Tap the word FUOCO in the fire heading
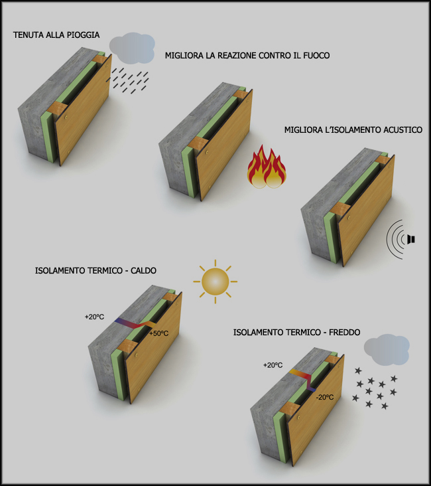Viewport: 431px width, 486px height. [316, 56]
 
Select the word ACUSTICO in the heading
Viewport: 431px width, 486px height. [403, 130]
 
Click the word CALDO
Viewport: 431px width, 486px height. [143, 271]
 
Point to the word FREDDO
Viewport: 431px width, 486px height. [345, 333]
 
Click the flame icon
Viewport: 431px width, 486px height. [267, 167]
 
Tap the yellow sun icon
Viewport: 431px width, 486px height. [215, 282]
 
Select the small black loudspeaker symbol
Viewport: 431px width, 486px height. [411, 239]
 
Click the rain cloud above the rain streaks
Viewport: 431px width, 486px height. [132, 48]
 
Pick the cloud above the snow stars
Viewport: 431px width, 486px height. [387, 350]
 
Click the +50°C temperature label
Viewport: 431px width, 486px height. [159, 333]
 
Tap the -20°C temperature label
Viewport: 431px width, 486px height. [325, 397]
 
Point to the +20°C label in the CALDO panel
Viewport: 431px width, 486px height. [94, 317]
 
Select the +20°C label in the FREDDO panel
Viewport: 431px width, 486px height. [273, 365]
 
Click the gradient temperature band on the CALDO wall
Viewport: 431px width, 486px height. [135, 324]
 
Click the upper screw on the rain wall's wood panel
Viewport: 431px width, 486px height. [66, 118]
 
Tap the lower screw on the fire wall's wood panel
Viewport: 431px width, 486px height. [210, 187]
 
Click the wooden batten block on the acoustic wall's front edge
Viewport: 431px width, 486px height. [339, 208]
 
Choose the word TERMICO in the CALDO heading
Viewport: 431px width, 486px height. [105, 271]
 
